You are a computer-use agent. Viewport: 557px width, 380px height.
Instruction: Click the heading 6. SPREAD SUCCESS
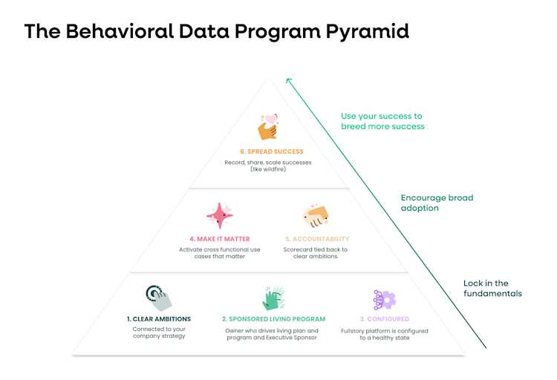(x=266, y=151)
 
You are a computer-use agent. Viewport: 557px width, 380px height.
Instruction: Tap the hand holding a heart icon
(x=267, y=127)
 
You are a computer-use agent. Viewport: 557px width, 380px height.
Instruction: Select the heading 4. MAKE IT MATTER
(x=219, y=239)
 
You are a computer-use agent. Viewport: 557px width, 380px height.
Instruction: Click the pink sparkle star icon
(x=219, y=215)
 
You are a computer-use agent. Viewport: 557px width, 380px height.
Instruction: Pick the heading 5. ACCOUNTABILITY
(x=317, y=239)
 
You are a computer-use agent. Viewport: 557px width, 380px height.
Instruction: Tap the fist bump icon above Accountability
(x=316, y=216)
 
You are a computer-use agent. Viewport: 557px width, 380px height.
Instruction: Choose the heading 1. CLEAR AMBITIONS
(x=159, y=319)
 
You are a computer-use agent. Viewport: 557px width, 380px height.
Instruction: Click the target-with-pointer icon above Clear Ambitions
(x=158, y=298)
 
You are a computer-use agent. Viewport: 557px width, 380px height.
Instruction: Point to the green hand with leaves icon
(x=272, y=298)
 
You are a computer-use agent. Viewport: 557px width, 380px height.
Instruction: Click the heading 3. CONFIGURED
(x=383, y=319)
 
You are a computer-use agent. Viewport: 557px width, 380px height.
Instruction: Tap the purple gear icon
(x=384, y=299)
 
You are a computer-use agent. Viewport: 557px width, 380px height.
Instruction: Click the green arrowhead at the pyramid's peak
(x=289, y=81)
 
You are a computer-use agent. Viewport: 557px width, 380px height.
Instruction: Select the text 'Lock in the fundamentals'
(x=492, y=288)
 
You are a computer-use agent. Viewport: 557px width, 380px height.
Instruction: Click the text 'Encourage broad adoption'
(x=437, y=203)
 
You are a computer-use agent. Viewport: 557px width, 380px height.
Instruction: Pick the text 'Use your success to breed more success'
(x=382, y=121)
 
